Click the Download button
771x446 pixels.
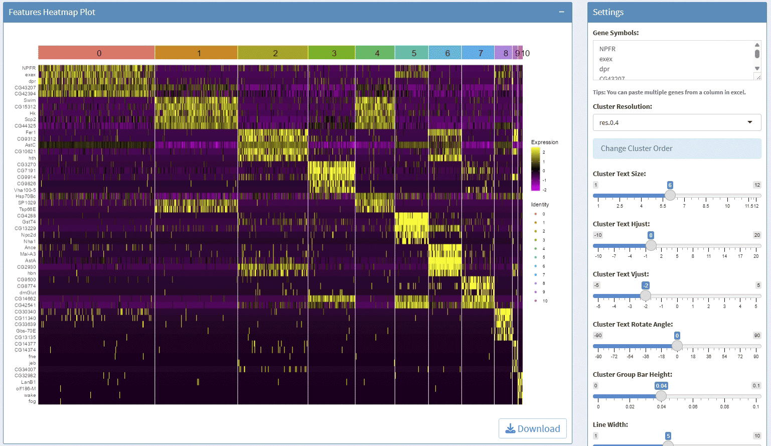click(533, 428)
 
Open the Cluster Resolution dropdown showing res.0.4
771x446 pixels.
click(677, 122)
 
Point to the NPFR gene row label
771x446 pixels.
click(29, 68)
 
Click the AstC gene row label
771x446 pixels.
click(30, 145)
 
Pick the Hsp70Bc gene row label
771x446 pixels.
click(26, 196)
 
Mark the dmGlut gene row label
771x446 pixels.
click(28, 292)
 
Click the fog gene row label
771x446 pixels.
click(32, 401)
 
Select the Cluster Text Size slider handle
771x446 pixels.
click(670, 195)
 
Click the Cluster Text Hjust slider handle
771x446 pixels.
click(651, 245)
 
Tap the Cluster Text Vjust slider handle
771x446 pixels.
click(646, 295)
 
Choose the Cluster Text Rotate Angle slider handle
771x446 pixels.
click(677, 346)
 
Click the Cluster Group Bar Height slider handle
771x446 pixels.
click(661, 396)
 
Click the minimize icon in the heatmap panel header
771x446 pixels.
click(562, 12)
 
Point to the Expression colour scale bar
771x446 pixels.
click(536, 169)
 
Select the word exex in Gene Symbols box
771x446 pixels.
click(606, 59)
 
